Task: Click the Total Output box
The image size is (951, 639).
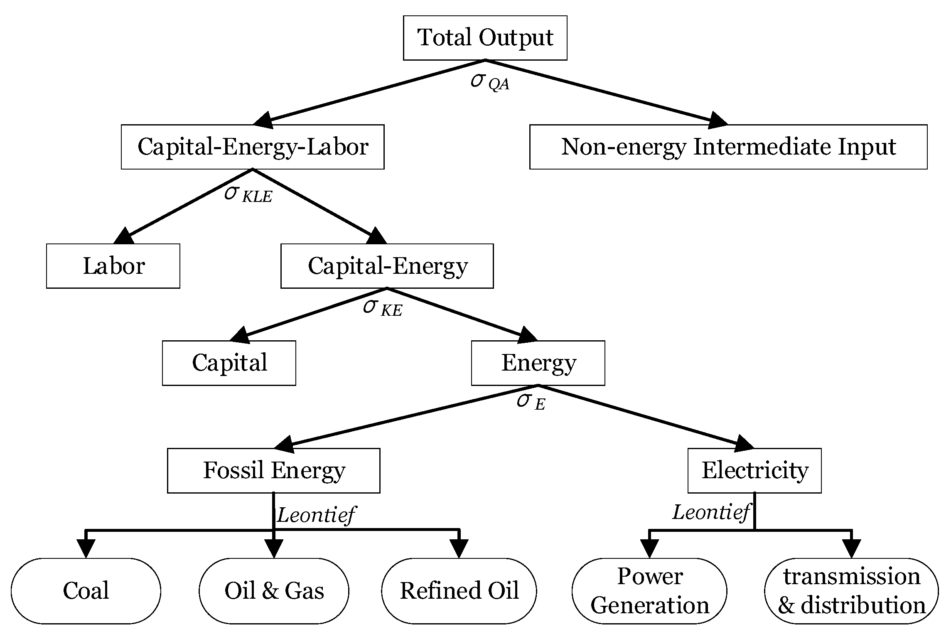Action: (485, 38)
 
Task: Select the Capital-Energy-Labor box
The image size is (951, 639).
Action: (253, 147)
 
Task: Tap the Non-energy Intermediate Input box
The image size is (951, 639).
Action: (728, 147)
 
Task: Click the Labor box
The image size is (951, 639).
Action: (113, 266)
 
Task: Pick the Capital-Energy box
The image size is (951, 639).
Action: (387, 266)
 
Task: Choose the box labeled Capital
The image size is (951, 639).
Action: (229, 363)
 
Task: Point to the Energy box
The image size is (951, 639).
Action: (538, 363)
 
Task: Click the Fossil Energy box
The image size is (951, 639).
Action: (273, 470)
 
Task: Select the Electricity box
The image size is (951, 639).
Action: (754, 470)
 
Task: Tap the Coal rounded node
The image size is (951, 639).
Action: (86, 590)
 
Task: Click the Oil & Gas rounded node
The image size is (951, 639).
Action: (274, 590)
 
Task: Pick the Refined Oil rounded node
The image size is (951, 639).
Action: (459, 590)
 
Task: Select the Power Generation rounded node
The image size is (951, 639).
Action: (649, 590)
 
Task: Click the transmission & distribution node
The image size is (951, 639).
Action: (851, 590)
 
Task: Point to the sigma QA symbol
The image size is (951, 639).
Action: (489, 82)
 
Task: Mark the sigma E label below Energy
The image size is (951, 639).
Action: (531, 402)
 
